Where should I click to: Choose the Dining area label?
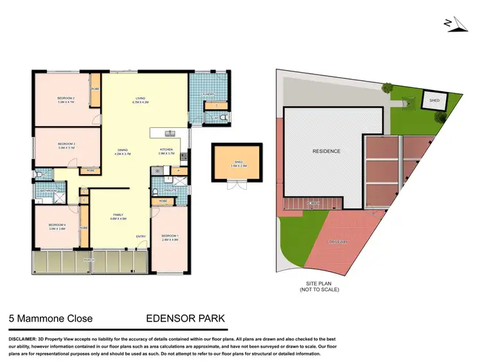click(122, 152)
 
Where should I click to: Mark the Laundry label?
click(207, 95)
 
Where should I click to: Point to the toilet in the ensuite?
click(156, 192)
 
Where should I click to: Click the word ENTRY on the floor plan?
click(141, 236)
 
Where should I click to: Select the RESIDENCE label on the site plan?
click(326, 151)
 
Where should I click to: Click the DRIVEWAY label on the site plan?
click(339, 241)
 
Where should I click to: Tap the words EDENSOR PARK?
click(186, 318)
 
